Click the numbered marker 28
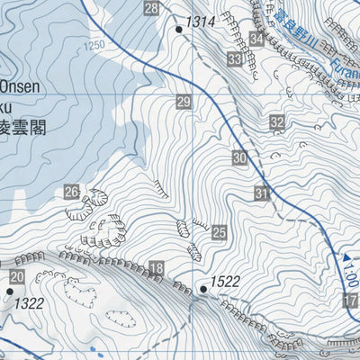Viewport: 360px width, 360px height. coord(151,9)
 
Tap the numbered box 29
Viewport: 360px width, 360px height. coord(184,103)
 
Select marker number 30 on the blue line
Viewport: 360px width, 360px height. coord(238,158)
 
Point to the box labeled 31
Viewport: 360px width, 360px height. coord(262,193)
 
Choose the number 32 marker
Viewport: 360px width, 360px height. coord(277,122)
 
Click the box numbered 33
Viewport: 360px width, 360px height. coord(235,59)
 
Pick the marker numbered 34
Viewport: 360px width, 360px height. coord(257,39)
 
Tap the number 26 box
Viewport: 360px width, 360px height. coord(72,191)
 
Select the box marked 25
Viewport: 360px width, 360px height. coord(219,233)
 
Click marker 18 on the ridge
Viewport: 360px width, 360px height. coord(157,268)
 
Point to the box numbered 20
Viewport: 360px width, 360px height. coord(17,276)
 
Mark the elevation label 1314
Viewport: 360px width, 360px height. coord(202,22)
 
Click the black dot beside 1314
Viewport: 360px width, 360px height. coord(179,30)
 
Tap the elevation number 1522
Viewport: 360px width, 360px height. coord(226,282)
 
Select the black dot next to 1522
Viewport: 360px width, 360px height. coord(203,289)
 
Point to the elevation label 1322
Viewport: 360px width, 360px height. coord(29,303)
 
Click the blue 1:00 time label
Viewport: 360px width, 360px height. coord(350,278)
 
